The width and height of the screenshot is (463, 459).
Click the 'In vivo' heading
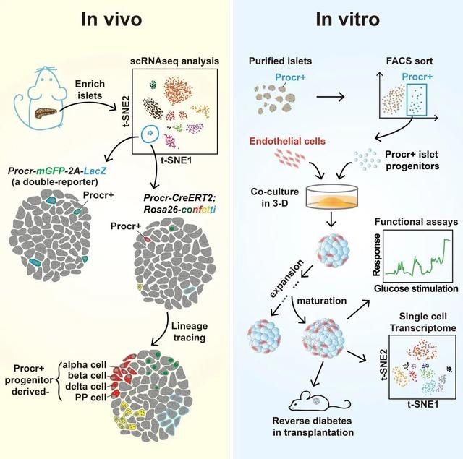coord(111,20)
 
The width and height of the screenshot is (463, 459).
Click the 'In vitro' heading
coord(347,20)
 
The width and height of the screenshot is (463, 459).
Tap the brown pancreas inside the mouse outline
coord(46,113)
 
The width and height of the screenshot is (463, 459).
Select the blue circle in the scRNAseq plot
coord(150,134)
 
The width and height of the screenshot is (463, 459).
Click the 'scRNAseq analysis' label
coord(175,61)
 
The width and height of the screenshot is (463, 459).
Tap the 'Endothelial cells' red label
coord(287,141)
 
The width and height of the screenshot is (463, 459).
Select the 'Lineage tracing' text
coord(190,332)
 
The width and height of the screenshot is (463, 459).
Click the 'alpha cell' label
coord(85,365)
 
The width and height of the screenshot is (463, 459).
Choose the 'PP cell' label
coord(90,398)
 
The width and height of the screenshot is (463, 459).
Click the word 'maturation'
coord(321,301)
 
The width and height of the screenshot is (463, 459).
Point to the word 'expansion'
coord(286,278)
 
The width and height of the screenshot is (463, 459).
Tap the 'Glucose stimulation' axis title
coord(416,288)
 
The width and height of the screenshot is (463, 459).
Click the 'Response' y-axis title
coord(376,255)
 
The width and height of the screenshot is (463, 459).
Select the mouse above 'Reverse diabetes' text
coord(319,401)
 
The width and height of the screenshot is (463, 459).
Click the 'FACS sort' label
coord(409,61)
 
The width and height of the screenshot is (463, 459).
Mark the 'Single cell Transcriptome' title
coord(422,322)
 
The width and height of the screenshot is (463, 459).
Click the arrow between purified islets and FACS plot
coord(331,96)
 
